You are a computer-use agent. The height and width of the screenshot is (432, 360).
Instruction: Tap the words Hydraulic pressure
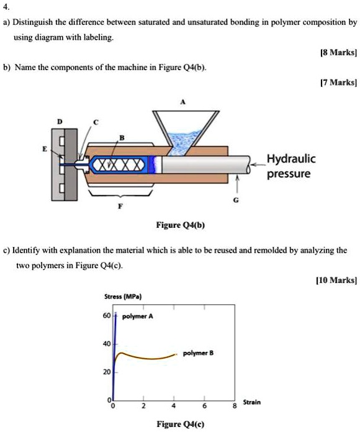pyautogui.click(x=291, y=166)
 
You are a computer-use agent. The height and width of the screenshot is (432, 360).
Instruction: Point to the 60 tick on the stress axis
pyautogui.click(x=107, y=315)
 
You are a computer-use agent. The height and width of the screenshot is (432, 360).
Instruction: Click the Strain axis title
pyautogui.click(x=252, y=402)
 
